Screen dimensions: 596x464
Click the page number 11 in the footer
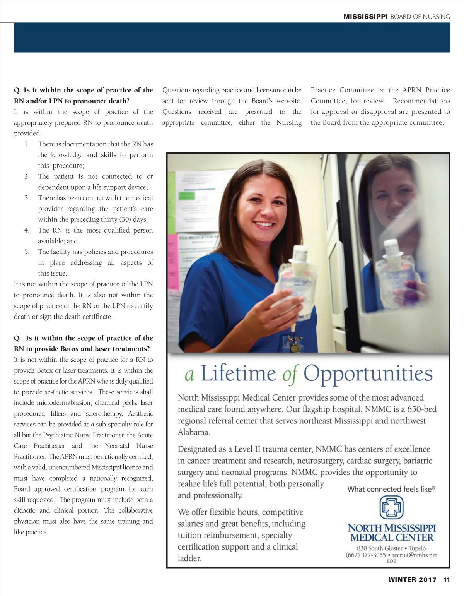(x=447, y=579)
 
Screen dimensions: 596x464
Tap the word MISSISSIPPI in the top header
(x=365, y=17)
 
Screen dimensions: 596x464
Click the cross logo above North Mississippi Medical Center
(x=391, y=507)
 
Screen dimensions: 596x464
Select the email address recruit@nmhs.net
(x=415, y=555)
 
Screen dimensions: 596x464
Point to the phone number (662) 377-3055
(x=365, y=555)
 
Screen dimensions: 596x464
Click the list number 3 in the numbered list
(x=27, y=198)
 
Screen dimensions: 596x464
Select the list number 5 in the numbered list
(x=27, y=252)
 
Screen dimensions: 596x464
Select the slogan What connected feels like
(x=391, y=489)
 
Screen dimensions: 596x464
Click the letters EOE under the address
(x=391, y=561)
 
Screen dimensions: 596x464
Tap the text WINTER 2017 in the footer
(x=412, y=579)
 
